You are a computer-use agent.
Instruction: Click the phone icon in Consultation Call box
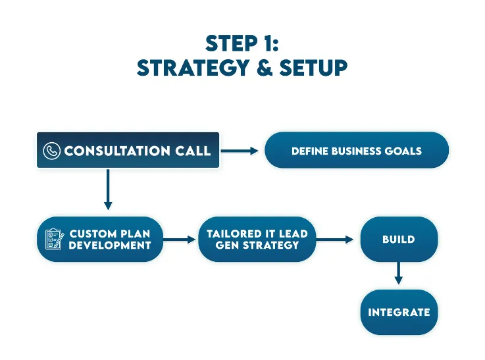click(52, 151)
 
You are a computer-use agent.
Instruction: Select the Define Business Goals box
click(356, 151)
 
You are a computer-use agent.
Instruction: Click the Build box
click(399, 240)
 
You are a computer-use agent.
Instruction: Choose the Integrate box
click(399, 312)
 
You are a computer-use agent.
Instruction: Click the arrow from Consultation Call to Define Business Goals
click(240, 151)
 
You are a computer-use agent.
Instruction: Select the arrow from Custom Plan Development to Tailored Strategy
click(180, 240)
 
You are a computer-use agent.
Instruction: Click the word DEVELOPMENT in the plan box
click(110, 245)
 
